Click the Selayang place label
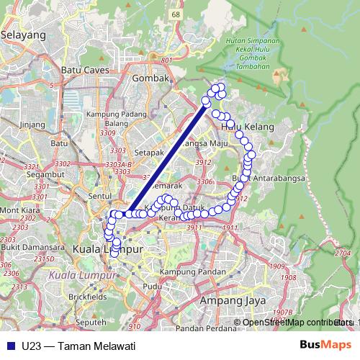(24, 34)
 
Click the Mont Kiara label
(19, 210)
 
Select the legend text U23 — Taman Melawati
(78, 345)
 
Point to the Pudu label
(152, 286)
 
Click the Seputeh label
(91, 322)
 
